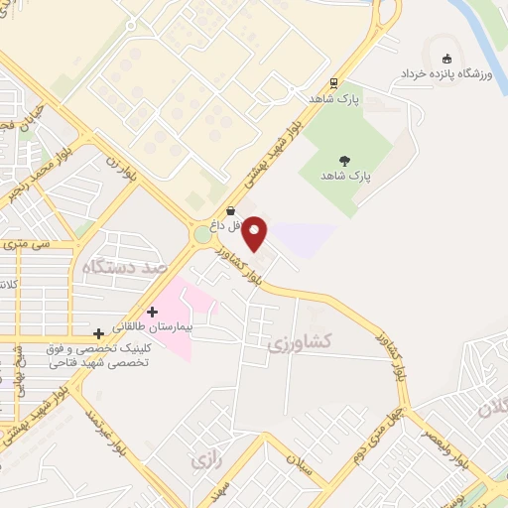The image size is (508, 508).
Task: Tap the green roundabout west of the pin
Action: [x=203, y=234]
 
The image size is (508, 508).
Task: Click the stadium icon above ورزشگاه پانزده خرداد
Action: [x=446, y=58]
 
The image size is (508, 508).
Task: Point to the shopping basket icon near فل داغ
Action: [x=231, y=210]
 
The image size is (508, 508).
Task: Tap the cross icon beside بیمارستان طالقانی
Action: [x=153, y=312]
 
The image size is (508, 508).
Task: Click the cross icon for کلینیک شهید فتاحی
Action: [x=97, y=332]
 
